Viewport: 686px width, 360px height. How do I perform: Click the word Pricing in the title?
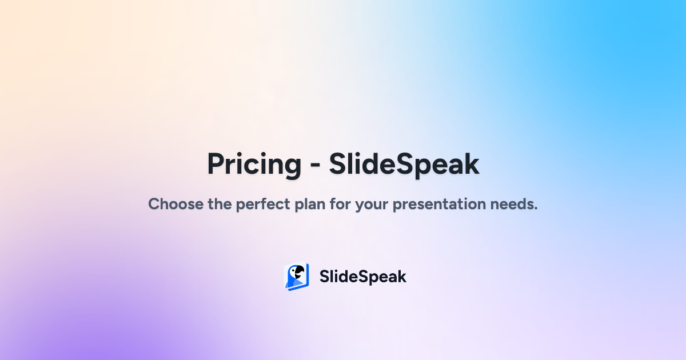click(254, 165)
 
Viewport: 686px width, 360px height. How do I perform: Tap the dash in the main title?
click(315, 166)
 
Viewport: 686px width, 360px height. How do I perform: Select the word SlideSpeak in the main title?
click(404, 165)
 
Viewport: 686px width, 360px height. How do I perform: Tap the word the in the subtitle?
click(220, 204)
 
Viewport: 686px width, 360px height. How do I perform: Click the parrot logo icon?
click(297, 277)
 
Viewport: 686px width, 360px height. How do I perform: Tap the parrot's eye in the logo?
click(296, 270)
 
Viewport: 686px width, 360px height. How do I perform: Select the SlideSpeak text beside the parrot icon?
click(362, 277)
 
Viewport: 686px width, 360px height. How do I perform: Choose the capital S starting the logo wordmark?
click(324, 277)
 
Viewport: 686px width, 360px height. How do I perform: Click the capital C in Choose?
click(154, 204)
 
